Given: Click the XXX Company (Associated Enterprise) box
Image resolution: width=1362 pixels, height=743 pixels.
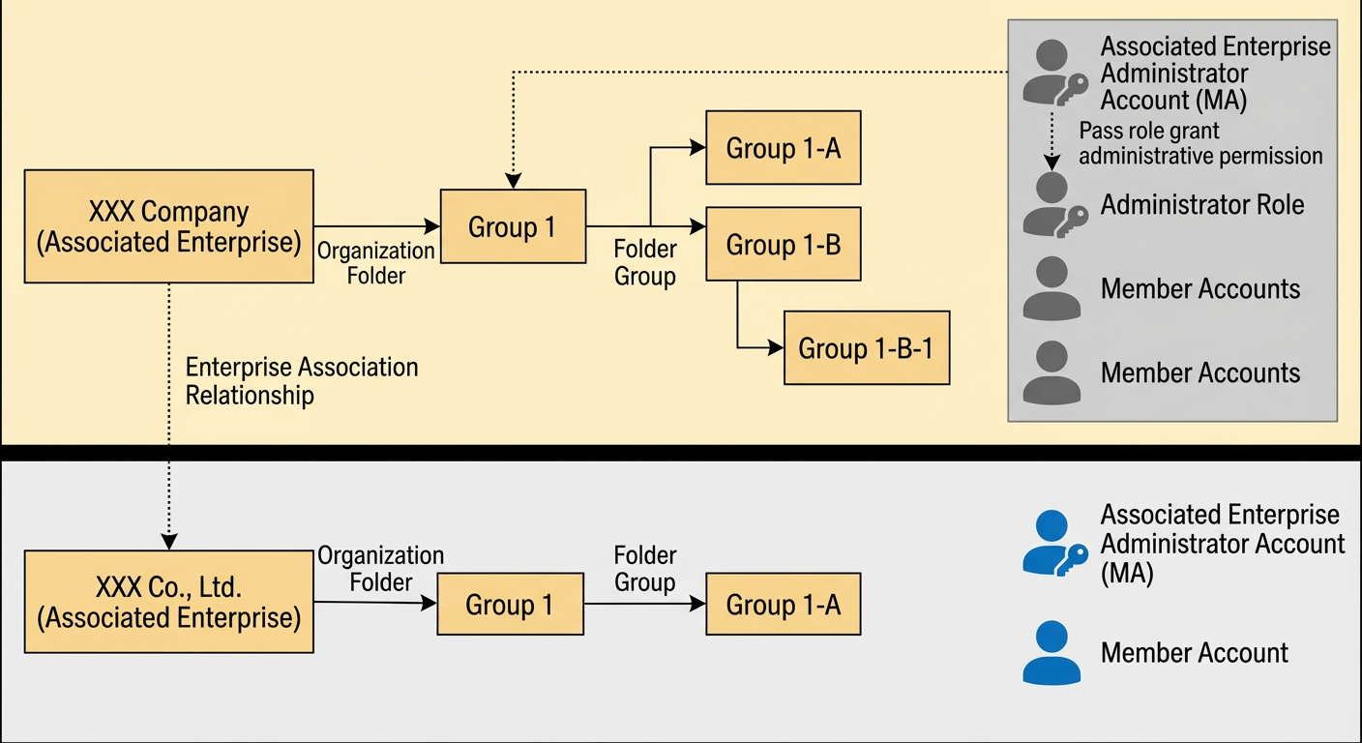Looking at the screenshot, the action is [169, 226].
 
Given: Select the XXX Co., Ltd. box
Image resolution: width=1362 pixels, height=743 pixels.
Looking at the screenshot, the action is [169, 602].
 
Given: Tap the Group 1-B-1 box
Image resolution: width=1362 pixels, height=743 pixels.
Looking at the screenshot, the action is [867, 347].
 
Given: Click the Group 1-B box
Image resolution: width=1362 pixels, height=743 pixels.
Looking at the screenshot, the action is [784, 244].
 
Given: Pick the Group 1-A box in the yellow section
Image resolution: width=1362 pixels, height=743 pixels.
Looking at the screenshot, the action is [784, 148].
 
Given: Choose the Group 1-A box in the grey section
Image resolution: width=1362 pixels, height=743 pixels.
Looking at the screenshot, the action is [784, 604].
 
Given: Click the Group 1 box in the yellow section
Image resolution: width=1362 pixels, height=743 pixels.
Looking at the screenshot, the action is [514, 226].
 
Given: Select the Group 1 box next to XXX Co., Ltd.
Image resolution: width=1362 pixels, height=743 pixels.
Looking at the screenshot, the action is [510, 604].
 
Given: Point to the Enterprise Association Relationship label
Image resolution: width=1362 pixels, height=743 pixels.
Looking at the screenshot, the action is [302, 381].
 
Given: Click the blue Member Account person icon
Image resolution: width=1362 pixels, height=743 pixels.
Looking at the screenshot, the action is [1051, 653].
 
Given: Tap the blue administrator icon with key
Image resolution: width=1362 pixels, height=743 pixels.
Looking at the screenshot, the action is [1055, 543].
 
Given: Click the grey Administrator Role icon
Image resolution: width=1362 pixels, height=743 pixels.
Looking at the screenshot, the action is [1055, 205].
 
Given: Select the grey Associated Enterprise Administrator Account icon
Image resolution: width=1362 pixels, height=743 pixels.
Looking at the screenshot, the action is [1055, 73].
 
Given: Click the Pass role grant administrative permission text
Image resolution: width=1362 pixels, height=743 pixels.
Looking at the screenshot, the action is [1200, 143].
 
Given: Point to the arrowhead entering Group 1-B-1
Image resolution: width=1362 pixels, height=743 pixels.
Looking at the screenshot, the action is [776, 347].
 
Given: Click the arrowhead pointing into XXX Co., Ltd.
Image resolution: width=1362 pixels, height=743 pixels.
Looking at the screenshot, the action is [169, 542].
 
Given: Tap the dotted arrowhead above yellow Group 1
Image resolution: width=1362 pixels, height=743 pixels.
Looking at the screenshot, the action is [514, 181].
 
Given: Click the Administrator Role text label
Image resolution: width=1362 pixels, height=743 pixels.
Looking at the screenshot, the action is [1202, 205].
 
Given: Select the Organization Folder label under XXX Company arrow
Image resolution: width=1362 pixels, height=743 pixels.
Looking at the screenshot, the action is [375, 263].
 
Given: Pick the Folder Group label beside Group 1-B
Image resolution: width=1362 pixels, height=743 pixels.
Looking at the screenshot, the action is [645, 263].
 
